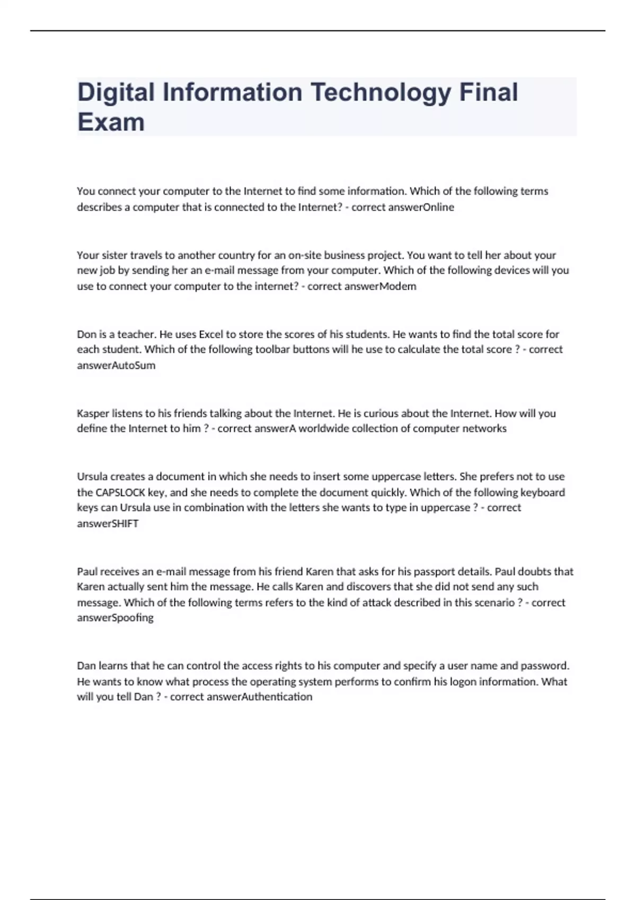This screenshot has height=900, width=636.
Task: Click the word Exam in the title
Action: (x=111, y=122)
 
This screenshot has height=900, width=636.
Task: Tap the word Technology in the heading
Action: (x=380, y=93)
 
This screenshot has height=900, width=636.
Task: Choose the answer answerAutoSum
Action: (x=116, y=365)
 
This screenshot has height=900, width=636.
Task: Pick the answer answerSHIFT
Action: (x=108, y=524)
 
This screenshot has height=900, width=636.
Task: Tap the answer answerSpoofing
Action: (x=115, y=618)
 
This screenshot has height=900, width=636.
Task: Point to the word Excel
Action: (x=211, y=335)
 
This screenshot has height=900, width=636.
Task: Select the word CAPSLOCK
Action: (x=120, y=492)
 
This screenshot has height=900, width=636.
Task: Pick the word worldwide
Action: (x=322, y=428)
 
